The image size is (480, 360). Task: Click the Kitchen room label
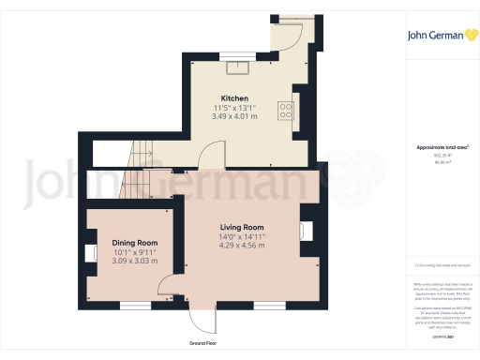[233, 98]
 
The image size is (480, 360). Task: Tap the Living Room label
[242, 228]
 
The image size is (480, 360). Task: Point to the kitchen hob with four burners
[284, 111]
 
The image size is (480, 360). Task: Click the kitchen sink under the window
[242, 66]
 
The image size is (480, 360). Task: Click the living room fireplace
[306, 232]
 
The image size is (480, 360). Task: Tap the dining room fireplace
[92, 254]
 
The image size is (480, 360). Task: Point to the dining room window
[134, 305]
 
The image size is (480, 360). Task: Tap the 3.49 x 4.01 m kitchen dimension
[233, 116]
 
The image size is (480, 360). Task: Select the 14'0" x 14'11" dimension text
[242, 237]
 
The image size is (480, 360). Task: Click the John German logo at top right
[441, 36]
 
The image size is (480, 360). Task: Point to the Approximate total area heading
[442, 148]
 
